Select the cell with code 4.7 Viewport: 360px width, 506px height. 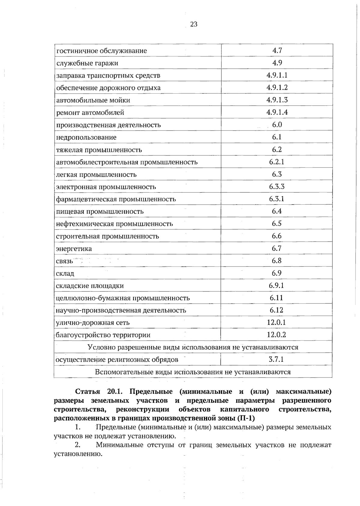point(277,50)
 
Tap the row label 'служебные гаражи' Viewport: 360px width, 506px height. point(87,63)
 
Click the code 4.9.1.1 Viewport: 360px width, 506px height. point(277,75)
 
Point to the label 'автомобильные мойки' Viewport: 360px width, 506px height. point(93,100)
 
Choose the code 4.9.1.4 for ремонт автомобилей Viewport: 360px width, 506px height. point(277,112)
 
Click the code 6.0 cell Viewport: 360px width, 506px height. point(277,125)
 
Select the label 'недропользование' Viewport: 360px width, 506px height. point(86,137)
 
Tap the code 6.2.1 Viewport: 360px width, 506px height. point(277,162)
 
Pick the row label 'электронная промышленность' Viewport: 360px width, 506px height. point(106,187)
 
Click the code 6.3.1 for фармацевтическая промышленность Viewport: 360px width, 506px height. point(277,199)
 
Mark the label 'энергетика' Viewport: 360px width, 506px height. point(74,249)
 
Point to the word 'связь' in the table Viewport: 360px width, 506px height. point(64,261)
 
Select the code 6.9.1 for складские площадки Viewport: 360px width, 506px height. point(277,285)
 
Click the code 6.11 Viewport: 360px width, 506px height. point(276,298)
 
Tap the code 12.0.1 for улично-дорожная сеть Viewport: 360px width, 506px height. point(276,322)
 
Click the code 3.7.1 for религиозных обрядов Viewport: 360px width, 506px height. point(276,359)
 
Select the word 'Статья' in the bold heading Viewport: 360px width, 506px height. point(87,392)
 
